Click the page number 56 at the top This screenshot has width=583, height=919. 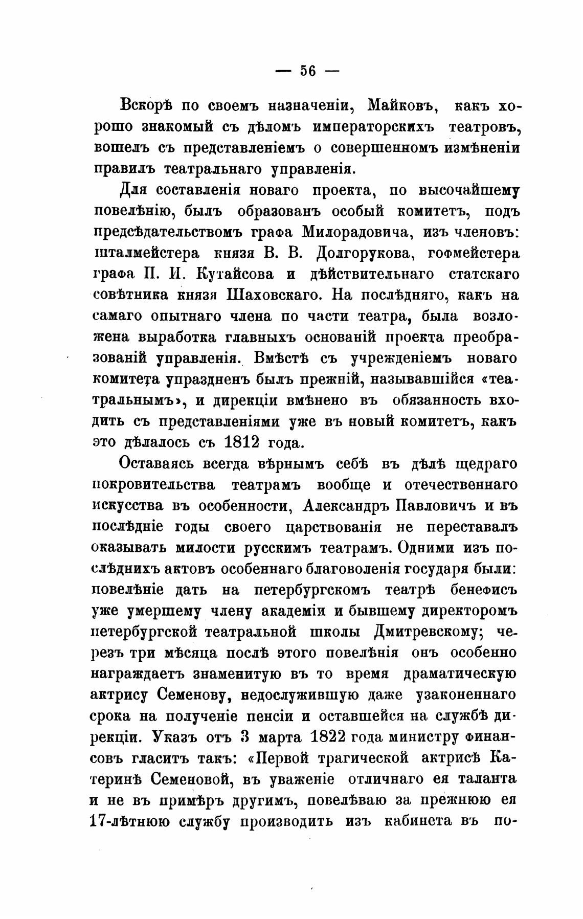(308, 71)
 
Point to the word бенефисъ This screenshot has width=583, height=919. (483, 590)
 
